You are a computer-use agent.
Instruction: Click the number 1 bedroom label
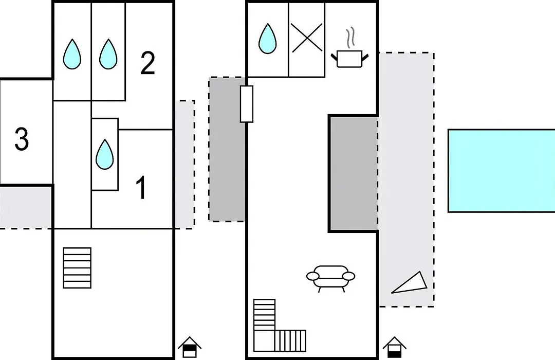click(141, 188)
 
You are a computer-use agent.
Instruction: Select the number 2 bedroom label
click(147, 63)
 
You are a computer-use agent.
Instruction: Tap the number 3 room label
click(22, 139)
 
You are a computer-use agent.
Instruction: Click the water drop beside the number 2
click(108, 54)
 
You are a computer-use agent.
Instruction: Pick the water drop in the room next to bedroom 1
click(105, 154)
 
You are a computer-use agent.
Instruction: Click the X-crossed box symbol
click(307, 38)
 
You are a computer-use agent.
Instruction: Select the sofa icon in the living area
click(330, 278)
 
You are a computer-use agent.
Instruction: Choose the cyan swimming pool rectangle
click(501, 171)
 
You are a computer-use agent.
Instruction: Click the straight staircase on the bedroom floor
click(77, 268)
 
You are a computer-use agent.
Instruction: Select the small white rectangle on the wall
click(246, 104)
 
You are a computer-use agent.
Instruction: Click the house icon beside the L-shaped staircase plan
click(395, 347)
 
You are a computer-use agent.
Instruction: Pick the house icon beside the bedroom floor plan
click(190, 347)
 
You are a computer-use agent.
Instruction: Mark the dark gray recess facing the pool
click(354, 174)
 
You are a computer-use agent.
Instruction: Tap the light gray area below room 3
click(26, 208)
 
